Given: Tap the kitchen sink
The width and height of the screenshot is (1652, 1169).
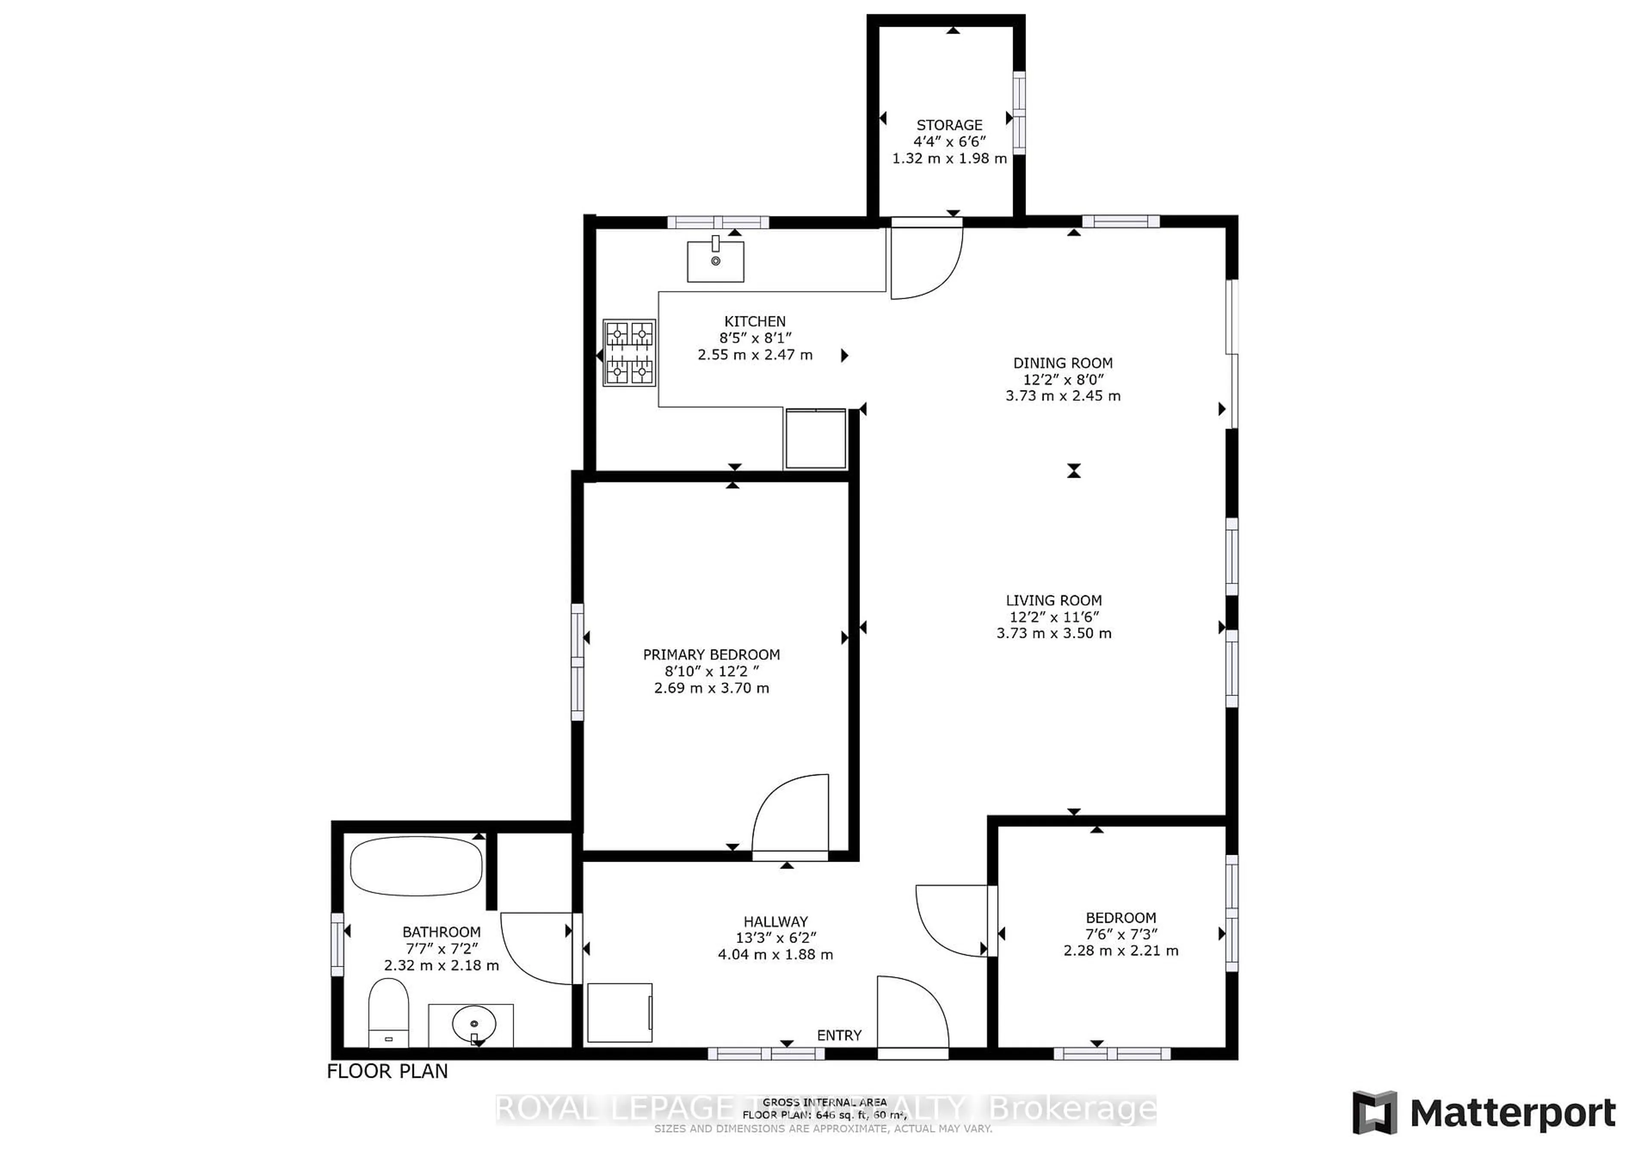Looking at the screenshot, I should coord(715,261).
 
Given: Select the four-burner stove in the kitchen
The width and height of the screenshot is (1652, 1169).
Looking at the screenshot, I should coord(629,353).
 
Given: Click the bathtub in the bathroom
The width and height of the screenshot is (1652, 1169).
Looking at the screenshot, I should coord(416,866).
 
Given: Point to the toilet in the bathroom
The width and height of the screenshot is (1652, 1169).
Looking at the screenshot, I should coord(388,1011).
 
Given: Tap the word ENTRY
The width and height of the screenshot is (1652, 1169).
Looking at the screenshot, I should coord(839,1035).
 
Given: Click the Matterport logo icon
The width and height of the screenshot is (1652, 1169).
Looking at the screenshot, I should coord(1374,1112).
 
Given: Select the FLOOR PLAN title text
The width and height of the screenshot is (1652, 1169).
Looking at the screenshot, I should coord(387,1071).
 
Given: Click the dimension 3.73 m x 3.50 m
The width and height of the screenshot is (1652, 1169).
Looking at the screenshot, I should coord(1054,634).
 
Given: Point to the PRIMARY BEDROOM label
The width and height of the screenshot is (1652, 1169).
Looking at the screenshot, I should coord(711,654).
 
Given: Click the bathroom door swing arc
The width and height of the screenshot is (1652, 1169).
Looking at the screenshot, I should coord(536,948).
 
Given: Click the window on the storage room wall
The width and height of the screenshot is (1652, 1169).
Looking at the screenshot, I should coord(1019,112).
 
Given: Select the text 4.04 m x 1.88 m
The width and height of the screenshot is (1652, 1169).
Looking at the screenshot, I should coord(775,955).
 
